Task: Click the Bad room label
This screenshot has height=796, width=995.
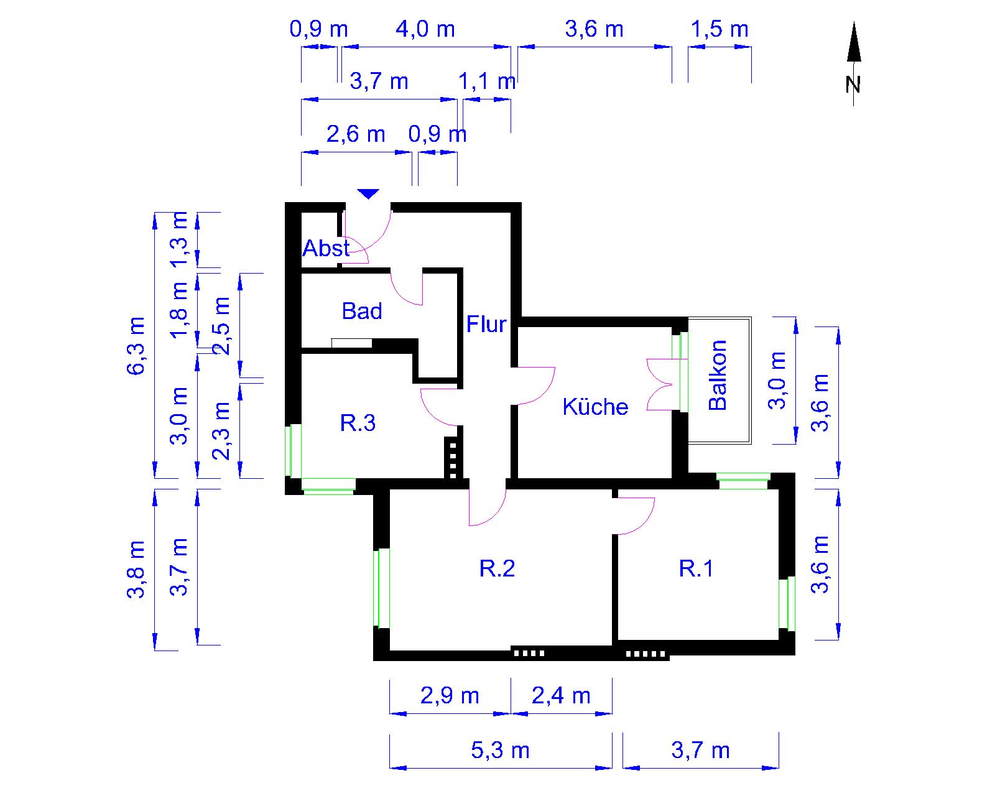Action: [x=361, y=311]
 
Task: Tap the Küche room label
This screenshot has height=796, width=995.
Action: [x=595, y=407]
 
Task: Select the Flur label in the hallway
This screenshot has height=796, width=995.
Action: [x=486, y=324]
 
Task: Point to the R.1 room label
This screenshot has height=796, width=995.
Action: [x=696, y=568]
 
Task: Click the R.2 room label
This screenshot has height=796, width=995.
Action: [x=497, y=568]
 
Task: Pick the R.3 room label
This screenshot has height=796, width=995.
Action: [x=358, y=422]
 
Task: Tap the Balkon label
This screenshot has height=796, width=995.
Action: [x=718, y=375]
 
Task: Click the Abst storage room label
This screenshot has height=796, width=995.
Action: [x=326, y=248]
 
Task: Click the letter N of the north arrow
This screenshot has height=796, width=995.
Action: [x=853, y=85]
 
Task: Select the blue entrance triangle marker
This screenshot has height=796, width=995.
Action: [x=368, y=193]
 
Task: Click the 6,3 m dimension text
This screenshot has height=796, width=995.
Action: [x=136, y=346]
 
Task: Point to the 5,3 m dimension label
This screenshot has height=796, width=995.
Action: [x=500, y=750]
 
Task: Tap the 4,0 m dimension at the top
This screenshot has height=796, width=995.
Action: [x=425, y=29]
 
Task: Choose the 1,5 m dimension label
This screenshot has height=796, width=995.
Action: [x=720, y=29]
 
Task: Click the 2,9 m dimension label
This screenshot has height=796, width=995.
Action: [x=450, y=696]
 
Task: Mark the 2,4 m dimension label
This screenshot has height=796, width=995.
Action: [x=562, y=696]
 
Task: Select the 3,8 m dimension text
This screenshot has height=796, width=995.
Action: [x=136, y=570]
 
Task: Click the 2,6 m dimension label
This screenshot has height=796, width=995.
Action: [x=356, y=134]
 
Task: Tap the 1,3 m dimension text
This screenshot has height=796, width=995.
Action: [x=179, y=239]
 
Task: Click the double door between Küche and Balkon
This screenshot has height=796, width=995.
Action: [x=659, y=384]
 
